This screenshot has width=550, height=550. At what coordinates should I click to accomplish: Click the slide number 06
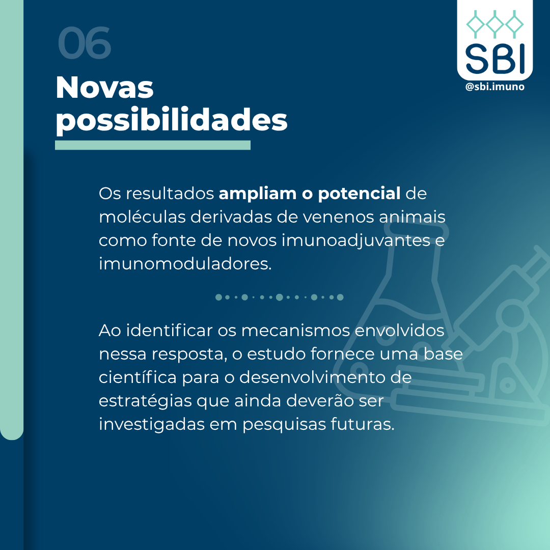(x=84, y=43)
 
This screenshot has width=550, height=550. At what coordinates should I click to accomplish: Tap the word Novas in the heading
(x=104, y=88)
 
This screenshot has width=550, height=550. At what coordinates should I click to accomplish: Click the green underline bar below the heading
(x=153, y=145)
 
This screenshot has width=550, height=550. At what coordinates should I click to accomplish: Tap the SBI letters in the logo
(x=495, y=59)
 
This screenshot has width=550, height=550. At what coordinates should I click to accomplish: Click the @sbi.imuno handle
(x=494, y=87)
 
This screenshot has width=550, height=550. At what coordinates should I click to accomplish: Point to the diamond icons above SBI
(x=495, y=24)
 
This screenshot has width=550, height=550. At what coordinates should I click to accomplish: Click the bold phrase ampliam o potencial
(x=310, y=194)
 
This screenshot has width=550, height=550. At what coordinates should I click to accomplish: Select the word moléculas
(x=143, y=217)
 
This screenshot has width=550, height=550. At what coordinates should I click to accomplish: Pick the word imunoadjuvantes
(x=356, y=241)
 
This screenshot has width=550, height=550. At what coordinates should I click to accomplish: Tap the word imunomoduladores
(x=185, y=264)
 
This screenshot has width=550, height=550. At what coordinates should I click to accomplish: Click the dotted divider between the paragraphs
(x=279, y=297)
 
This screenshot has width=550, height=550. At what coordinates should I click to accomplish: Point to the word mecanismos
(x=296, y=331)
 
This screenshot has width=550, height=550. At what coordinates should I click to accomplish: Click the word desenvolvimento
(x=325, y=377)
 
